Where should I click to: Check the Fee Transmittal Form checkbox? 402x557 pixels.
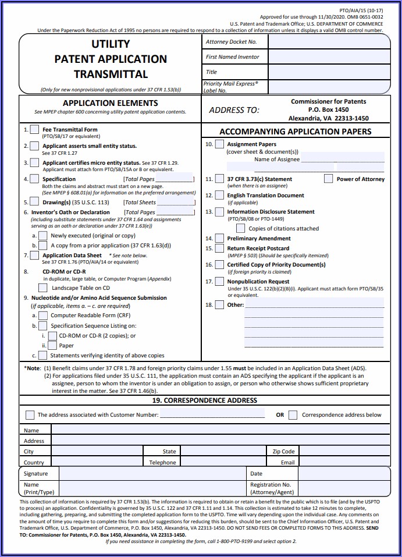[35, 129]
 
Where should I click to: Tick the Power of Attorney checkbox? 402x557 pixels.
[329, 179]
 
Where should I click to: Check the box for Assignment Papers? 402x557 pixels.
[219, 144]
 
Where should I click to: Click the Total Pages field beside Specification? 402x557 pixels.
[175, 179]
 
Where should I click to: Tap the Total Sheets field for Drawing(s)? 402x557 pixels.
[175, 202]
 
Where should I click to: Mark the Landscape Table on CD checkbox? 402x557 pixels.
[45, 288]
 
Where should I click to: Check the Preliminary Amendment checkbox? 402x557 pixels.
[219, 238]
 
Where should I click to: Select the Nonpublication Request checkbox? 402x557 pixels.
[219, 281]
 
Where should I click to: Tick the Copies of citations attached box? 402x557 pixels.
[240, 228]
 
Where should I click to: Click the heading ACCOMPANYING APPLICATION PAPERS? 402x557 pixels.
[295, 132]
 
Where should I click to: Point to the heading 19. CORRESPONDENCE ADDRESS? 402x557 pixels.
[204, 400]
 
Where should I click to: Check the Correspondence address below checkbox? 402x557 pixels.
[293, 415]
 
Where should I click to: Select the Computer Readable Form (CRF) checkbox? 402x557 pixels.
[42, 315]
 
